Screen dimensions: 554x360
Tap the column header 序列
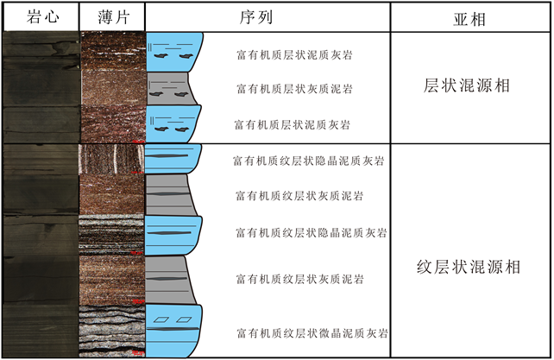click(x=267, y=16)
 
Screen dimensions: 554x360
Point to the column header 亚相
click(x=471, y=17)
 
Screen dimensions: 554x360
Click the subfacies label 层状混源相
click(x=471, y=86)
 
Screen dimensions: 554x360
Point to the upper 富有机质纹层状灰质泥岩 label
click(x=299, y=196)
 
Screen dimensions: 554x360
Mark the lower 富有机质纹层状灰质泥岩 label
click(x=299, y=279)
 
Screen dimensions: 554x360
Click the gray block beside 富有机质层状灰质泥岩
click(x=171, y=88)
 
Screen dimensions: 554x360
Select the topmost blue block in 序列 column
click(x=174, y=52)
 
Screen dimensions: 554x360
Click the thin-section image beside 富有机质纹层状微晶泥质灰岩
click(x=110, y=331)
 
